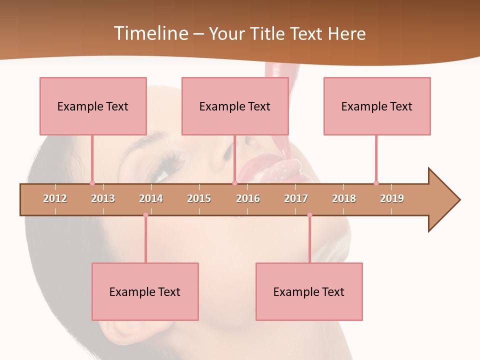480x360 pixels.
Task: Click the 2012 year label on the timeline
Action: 55,198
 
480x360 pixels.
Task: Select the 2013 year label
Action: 103,198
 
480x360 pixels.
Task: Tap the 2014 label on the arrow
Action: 151,198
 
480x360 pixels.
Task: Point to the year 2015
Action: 199,198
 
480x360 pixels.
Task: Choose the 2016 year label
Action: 248,198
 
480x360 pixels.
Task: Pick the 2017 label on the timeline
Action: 296,198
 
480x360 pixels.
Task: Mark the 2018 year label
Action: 344,198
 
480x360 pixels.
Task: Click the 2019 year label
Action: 392,198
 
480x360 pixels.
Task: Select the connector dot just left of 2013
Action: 92,183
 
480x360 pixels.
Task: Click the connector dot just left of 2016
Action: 234,183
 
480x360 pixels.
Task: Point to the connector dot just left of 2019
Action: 376,183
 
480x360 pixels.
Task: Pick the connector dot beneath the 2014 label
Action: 145,215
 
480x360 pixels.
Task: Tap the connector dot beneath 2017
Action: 309,215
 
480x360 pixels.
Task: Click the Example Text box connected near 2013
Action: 93,106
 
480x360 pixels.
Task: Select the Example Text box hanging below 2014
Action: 145,291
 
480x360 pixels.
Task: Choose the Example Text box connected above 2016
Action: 235,106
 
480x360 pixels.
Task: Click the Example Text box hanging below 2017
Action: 309,291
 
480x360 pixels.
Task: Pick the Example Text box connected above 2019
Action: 377,106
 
